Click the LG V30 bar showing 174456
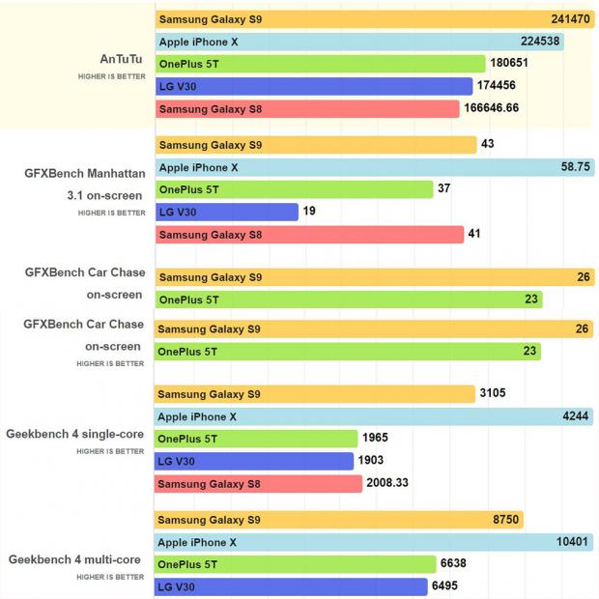tap(314, 87)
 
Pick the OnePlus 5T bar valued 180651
tap(320, 64)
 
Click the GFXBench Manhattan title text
tap(85, 174)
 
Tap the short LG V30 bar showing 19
tap(227, 212)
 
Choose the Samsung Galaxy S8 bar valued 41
tap(309, 234)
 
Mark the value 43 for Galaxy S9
tap(488, 145)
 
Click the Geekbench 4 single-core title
tap(76, 435)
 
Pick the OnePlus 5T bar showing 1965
tap(256, 440)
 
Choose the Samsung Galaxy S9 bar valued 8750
tap(339, 520)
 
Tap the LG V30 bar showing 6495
tap(291, 586)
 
